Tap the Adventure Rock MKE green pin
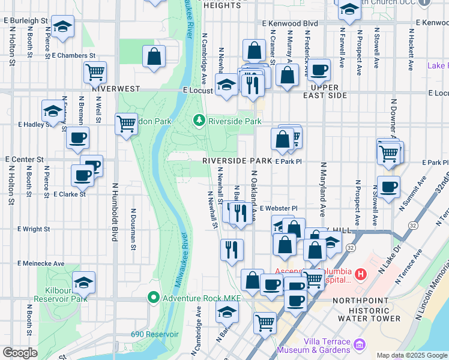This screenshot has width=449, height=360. click(154, 297)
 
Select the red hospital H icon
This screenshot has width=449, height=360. click(360, 275)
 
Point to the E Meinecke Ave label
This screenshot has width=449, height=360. click(41, 263)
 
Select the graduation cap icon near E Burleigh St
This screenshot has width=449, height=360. click(62, 27)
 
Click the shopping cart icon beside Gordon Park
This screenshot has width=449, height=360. click(126, 124)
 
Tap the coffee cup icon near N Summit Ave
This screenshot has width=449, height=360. click(388, 187)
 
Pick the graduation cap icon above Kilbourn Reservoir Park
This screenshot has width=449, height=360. click(83, 281)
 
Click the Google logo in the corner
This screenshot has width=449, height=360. click(20, 353)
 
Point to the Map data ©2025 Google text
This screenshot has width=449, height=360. click(412, 355)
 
